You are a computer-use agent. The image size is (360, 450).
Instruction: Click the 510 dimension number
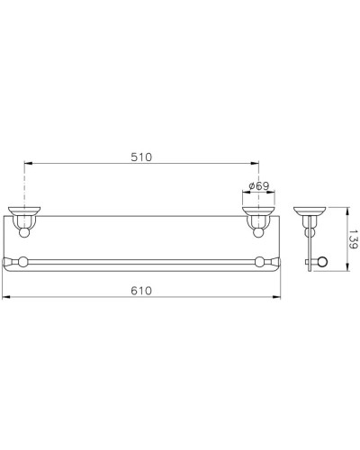tap(141, 157)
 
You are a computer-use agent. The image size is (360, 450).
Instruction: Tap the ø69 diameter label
tap(258, 185)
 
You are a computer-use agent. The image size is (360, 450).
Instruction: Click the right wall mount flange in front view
tap(258, 216)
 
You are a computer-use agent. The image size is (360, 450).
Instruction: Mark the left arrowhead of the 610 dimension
tap(4, 297)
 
